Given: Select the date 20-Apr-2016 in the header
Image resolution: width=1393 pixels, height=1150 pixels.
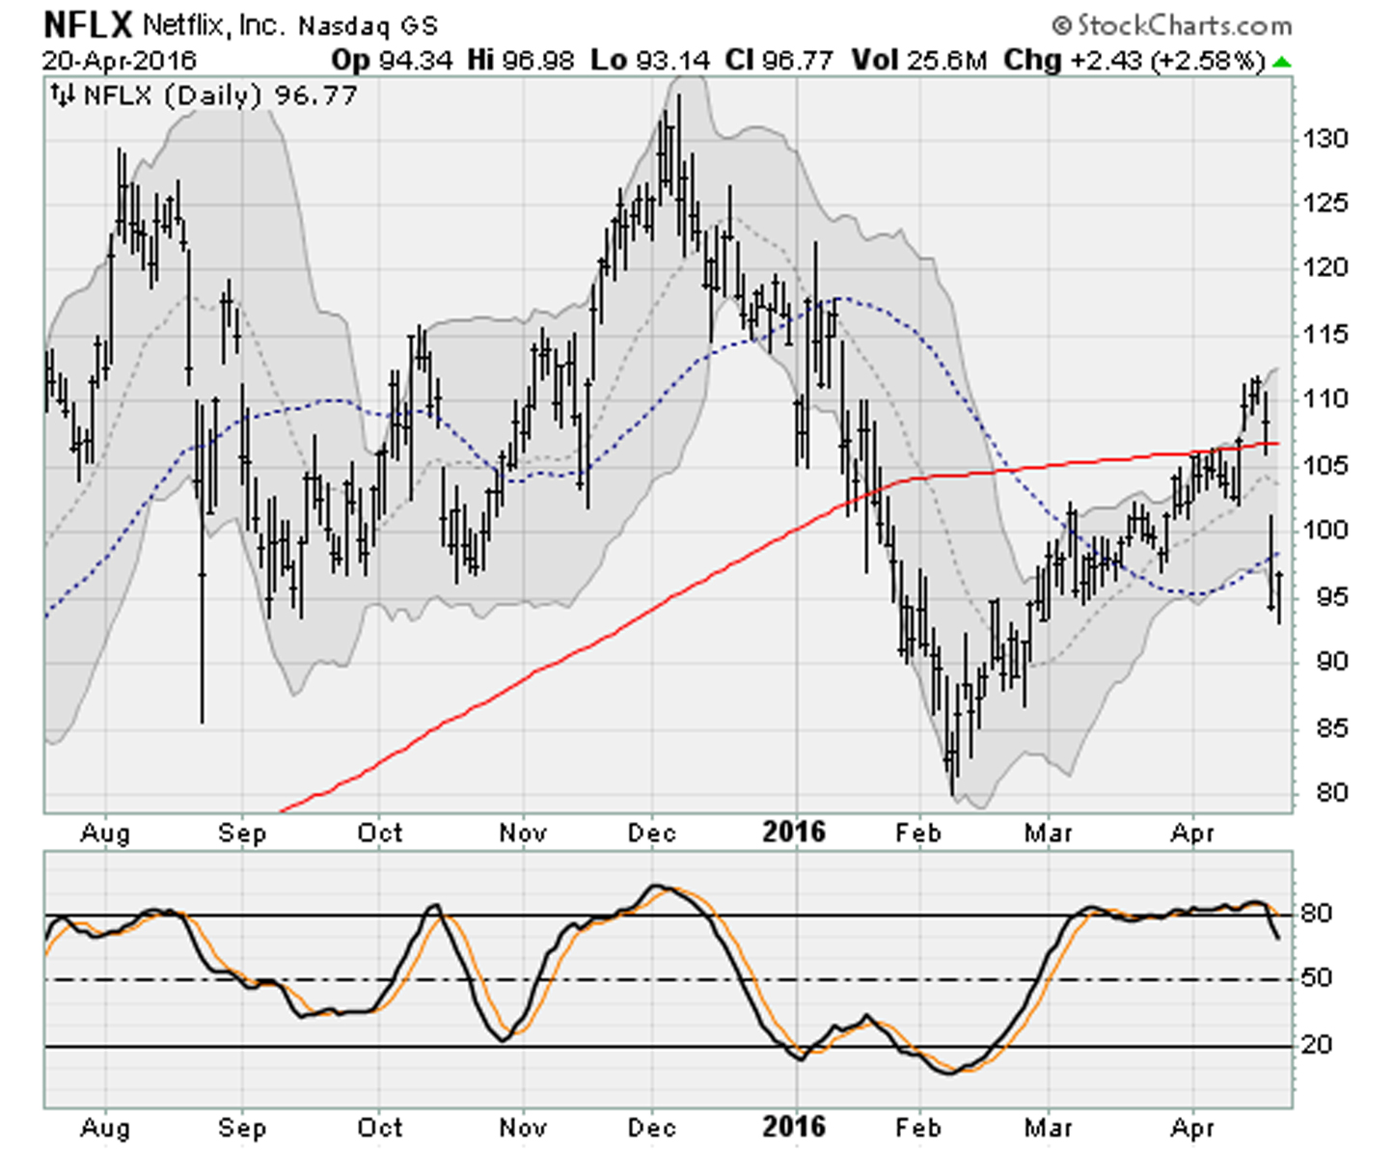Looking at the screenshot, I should pos(119,60).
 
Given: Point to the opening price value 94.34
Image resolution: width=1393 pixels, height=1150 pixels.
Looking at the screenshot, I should pos(415,60).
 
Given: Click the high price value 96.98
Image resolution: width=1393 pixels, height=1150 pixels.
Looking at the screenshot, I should pos(537,60).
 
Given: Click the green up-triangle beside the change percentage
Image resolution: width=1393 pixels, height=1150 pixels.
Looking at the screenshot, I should pos(1281,62).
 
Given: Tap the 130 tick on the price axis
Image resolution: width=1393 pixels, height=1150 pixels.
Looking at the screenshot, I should pos(1325,138).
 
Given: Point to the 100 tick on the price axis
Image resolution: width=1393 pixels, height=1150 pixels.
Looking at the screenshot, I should pos(1325,530).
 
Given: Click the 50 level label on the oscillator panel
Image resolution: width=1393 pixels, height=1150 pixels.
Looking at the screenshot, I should pos(1316,978).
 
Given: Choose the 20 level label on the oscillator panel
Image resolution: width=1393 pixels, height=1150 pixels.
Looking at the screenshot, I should pos(1316,1044).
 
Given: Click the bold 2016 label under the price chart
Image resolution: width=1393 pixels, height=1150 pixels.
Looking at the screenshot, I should pos(794,832).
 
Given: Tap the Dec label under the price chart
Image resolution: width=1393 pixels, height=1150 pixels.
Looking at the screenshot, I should pos(651,833).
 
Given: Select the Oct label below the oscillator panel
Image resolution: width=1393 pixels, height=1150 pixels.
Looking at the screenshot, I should pos(380,1127).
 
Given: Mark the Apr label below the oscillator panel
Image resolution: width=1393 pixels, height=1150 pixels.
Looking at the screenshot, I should pos(1192,1127).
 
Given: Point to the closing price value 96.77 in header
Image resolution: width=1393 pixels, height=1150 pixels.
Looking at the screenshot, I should pos(797,60).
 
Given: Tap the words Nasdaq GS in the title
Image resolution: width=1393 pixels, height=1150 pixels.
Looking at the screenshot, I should pos(368,26).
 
